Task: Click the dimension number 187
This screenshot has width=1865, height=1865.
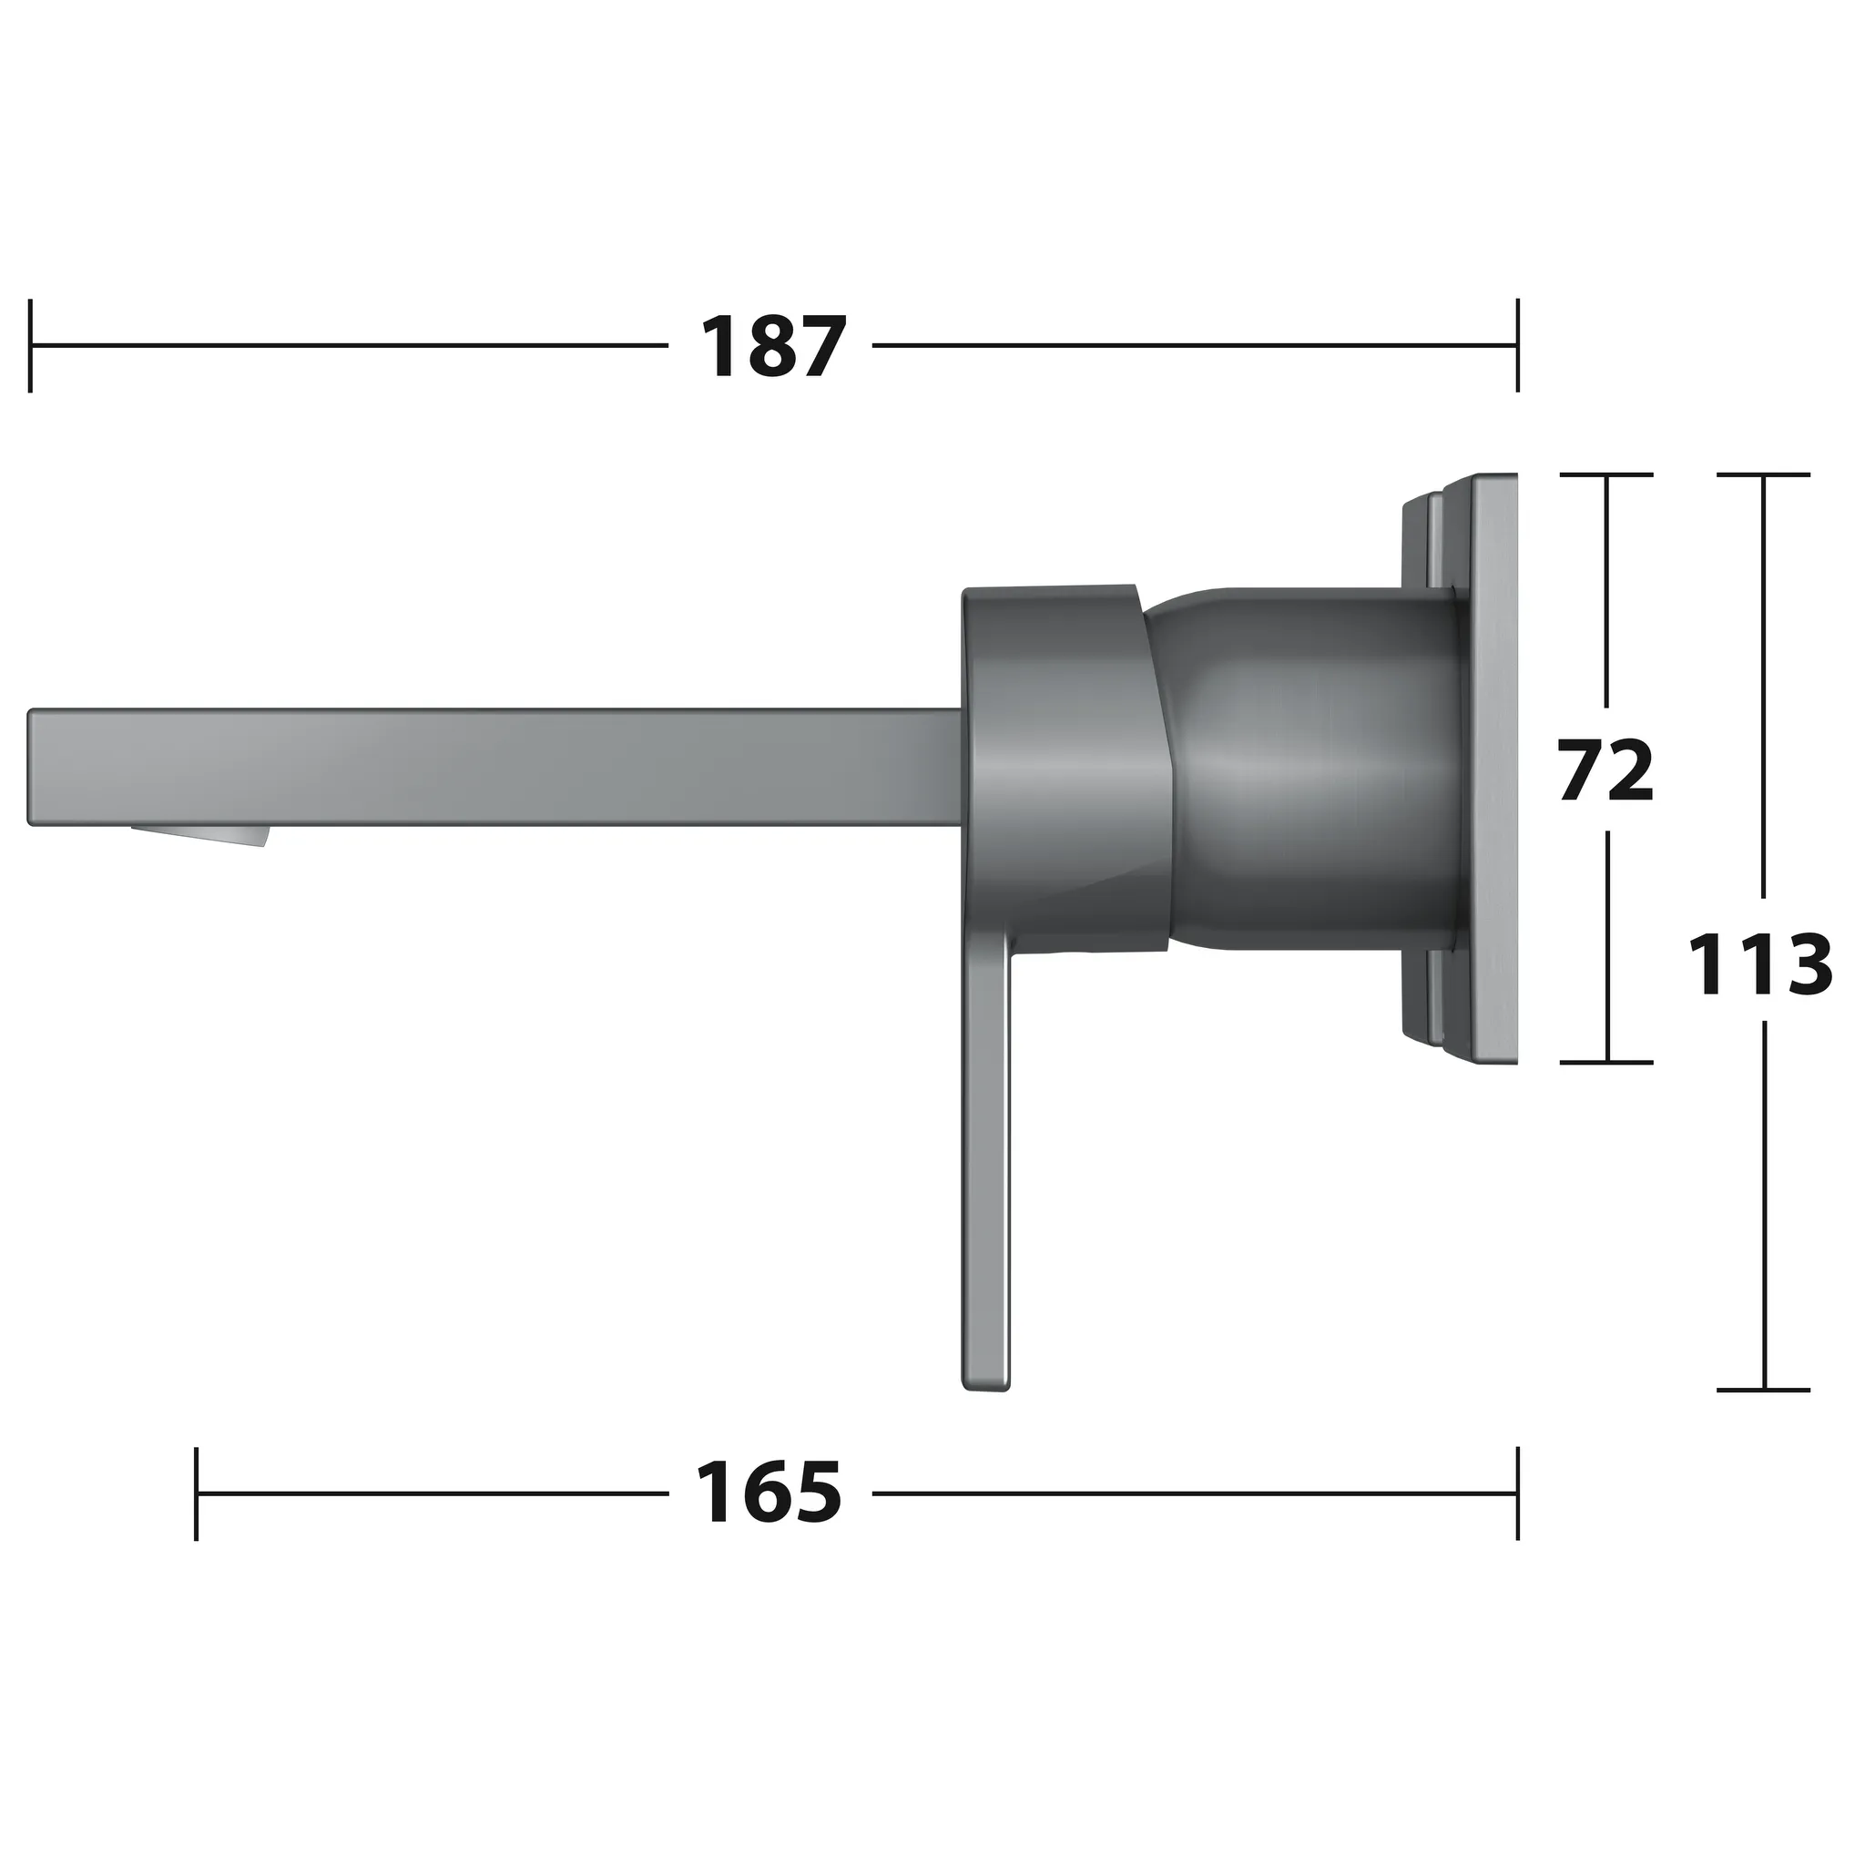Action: [x=772, y=347]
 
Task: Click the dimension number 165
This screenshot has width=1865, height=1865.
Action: [x=769, y=1493]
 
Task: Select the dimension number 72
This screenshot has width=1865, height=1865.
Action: [x=1606, y=770]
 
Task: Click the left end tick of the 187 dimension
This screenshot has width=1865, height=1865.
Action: [x=31, y=345]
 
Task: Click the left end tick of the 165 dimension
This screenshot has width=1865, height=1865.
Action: [x=197, y=1493]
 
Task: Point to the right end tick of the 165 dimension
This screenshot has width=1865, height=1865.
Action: [x=1517, y=1493]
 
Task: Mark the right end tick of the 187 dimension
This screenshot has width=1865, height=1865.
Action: [x=1517, y=345]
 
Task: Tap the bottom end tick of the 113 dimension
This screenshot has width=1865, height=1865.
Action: [x=1763, y=1390]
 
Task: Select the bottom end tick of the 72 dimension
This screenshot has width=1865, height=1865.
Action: [x=1606, y=1063]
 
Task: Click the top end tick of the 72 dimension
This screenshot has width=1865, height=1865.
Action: [x=1606, y=475]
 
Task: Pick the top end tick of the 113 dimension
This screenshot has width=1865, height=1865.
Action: [x=1763, y=475]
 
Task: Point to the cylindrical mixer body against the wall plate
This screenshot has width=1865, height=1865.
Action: [x=1313, y=768]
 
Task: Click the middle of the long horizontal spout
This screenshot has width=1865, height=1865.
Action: [x=493, y=769]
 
